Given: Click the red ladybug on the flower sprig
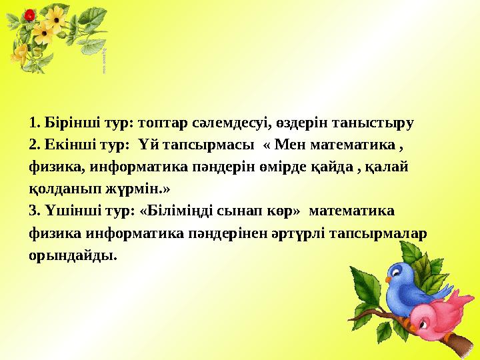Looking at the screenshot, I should (29, 14).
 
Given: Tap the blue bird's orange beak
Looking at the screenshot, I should (415, 271).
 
